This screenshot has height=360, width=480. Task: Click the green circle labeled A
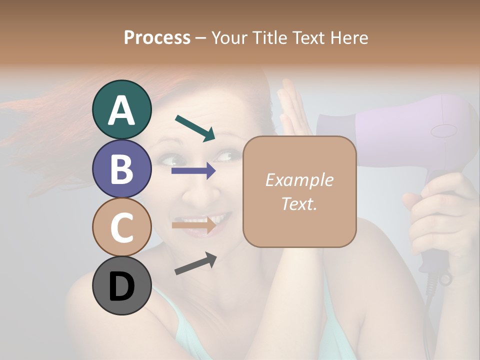(121, 109)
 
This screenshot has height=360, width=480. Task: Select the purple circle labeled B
(121, 168)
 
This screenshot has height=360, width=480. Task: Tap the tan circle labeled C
(121, 227)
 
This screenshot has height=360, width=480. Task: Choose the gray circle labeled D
(121, 285)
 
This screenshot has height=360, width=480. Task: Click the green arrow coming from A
(195, 127)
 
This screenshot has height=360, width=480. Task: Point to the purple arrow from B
(193, 171)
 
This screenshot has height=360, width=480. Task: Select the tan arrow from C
(193, 225)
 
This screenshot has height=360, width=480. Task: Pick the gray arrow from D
(195, 263)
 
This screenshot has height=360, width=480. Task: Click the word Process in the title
(157, 37)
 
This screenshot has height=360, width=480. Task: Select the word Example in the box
(299, 180)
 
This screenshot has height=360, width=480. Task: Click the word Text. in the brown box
(299, 203)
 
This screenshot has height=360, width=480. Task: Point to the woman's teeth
(212, 219)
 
